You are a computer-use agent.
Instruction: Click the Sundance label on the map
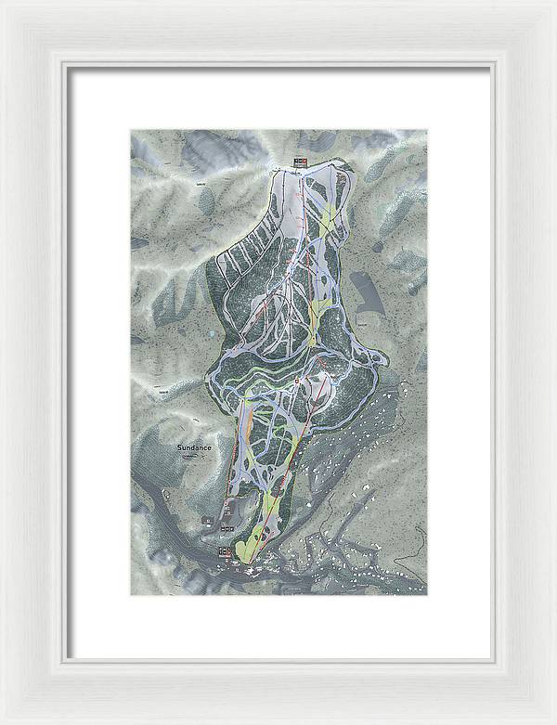point(195,447)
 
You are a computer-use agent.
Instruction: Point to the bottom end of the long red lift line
point(248,560)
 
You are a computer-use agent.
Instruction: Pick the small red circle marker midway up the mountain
point(297,381)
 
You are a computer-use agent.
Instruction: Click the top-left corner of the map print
point(130,130)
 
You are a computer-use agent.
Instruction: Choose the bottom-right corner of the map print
point(427,595)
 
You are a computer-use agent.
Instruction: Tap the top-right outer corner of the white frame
point(555,1)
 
